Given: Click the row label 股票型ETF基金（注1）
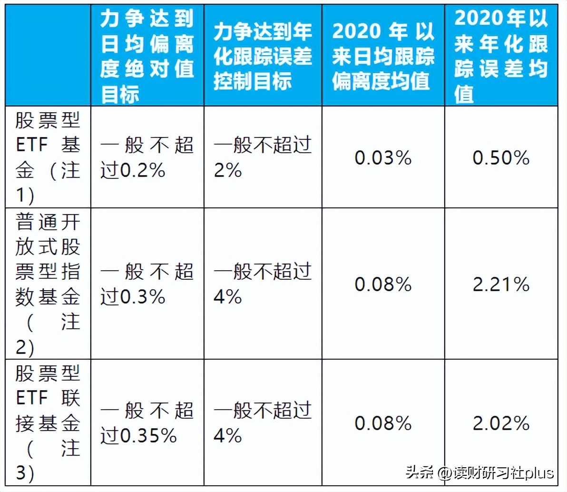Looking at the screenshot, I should coord(47,157).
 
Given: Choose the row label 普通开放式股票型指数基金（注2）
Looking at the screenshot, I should coord(47,284).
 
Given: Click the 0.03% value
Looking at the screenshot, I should coord(383,158).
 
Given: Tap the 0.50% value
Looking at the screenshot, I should coord(501,158).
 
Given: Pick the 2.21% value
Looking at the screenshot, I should coord(501,285).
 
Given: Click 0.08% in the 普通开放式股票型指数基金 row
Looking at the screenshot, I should coord(383,285).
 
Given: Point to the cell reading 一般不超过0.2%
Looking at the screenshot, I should coord(147,157).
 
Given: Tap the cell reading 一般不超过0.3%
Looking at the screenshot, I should coord(147,285).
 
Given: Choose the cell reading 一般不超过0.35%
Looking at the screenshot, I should coord(147,423).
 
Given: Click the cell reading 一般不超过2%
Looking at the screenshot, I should coord(262,157).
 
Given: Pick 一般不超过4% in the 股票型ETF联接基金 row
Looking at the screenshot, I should coord(262,423).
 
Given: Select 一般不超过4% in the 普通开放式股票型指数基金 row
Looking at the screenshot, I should coord(262,285).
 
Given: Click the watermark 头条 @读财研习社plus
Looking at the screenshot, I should coord(479,473).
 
